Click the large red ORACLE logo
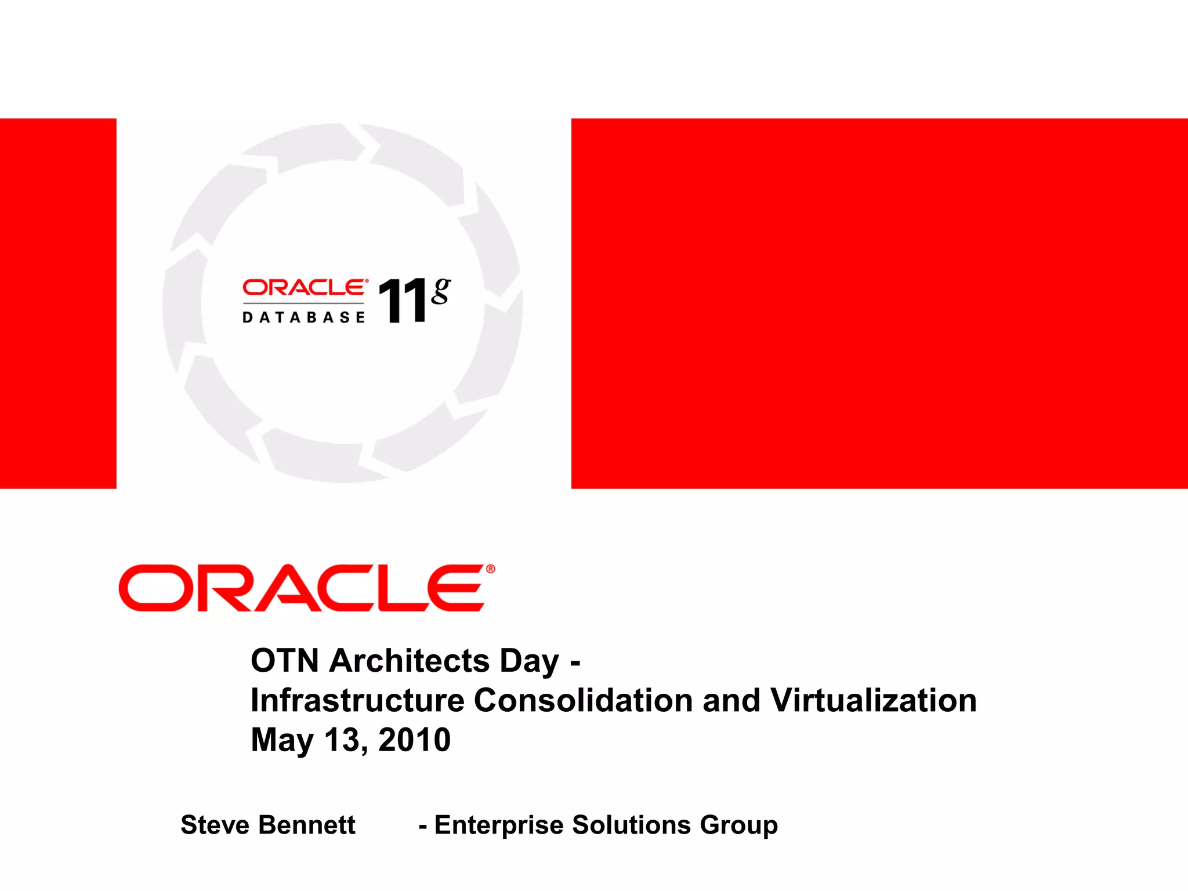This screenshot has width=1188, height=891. click(x=302, y=588)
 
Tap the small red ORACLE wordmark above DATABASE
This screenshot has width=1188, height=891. click(x=304, y=288)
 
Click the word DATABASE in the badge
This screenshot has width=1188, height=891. click(x=304, y=317)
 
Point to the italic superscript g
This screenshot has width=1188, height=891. click(x=441, y=291)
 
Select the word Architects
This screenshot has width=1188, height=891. click(x=409, y=661)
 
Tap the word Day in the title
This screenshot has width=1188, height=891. click(x=529, y=661)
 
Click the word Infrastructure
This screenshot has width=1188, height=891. click(x=357, y=700)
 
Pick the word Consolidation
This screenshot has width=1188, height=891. click(x=583, y=700)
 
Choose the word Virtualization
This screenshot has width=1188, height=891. click(x=873, y=700)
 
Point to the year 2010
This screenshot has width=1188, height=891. click(x=414, y=740)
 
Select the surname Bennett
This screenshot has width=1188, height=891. click(x=307, y=825)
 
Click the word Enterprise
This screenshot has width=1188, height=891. click(x=498, y=825)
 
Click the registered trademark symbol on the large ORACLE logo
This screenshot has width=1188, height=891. click(x=490, y=569)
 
